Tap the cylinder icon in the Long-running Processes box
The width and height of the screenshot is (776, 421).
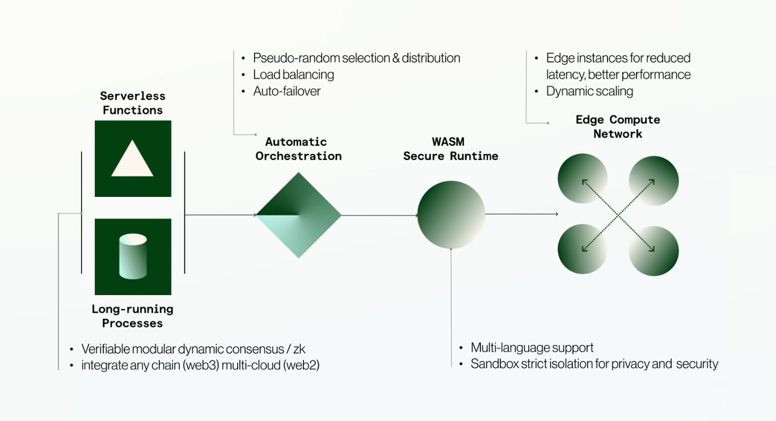(x=133, y=256)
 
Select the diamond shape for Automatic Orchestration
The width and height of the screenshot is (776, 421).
(x=298, y=215)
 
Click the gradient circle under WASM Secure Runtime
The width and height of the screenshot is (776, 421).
(x=451, y=215)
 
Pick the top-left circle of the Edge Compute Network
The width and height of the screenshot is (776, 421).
(x=583, y=179)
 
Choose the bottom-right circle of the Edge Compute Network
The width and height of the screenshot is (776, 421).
(x=654, y=251)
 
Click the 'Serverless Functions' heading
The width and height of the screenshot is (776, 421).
(x=132, y=103)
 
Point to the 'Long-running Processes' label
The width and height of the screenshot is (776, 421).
(x=132, y=316)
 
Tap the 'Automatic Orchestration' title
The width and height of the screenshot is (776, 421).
(x=298, y=149)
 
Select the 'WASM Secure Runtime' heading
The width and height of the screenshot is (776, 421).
(x=450, y=149)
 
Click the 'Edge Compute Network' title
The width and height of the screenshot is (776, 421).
(x=618, y=127)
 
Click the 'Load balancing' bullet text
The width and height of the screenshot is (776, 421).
(x=293, y=74)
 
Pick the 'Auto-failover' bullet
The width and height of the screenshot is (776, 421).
(x=286, y=91)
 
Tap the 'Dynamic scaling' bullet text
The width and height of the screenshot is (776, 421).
(x=589, y=91)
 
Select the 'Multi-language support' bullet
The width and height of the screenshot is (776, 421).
(x=532, y=347)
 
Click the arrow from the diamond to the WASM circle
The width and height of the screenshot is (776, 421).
(x=379, y=215)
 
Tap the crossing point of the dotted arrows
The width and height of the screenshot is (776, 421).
(x=618, y=215)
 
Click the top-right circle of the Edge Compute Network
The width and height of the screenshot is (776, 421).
(x=654, y=180)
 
